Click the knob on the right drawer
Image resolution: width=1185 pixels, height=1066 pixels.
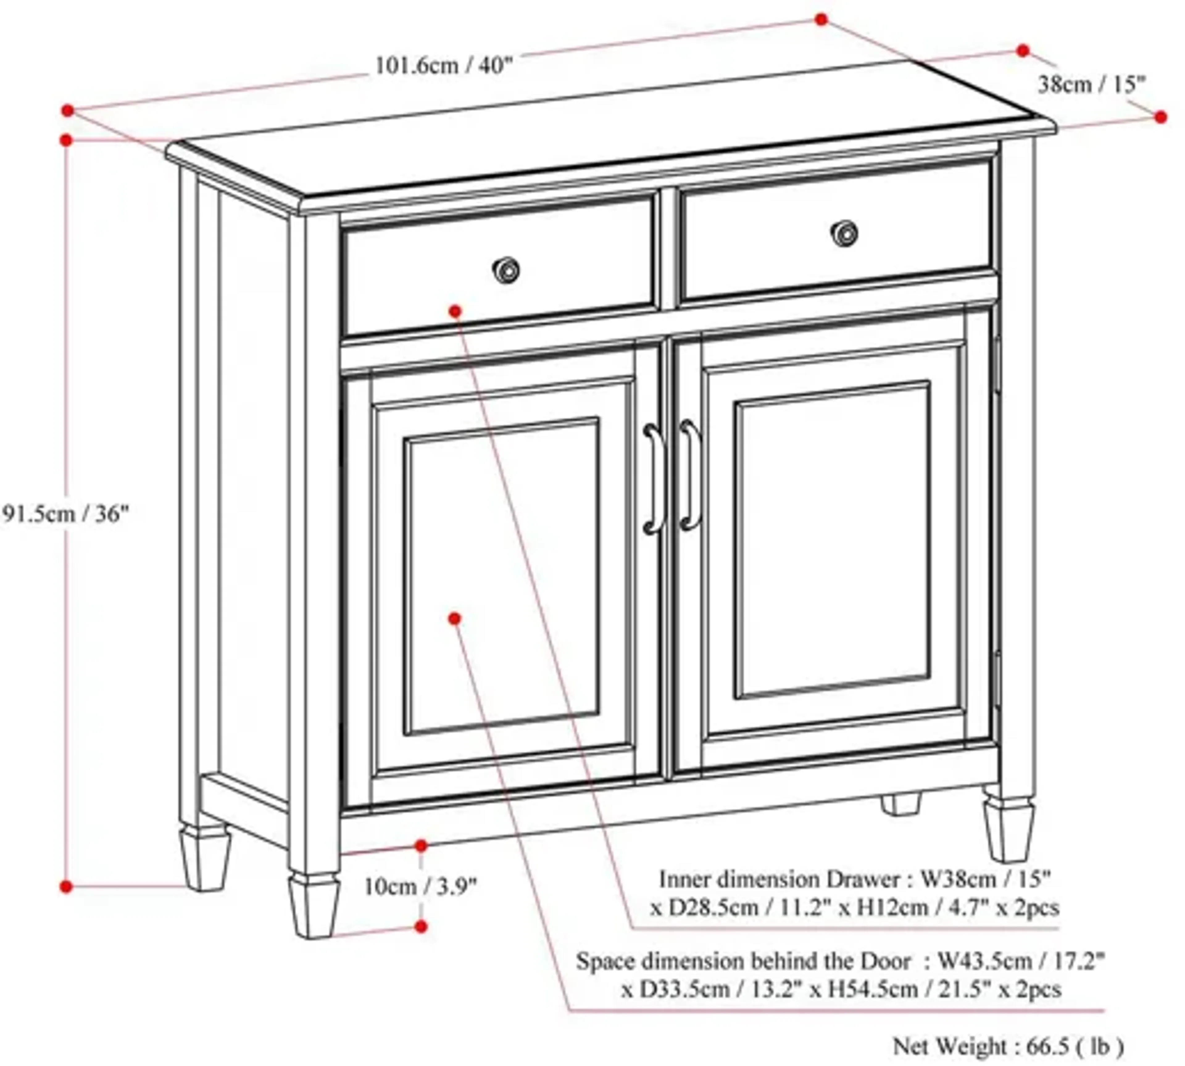pyautogui.click(x=844, y=233)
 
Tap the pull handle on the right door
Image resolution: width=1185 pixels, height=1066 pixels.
pyautogui.click(x=690, y=475)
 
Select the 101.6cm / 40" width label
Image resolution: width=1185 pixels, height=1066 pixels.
pyautogui.click(x=443, y=65)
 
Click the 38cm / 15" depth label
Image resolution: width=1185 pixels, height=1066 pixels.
pyautogui.click(x=1091, y=85)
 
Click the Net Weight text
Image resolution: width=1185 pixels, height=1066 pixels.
pyautogui.click(x=1008, y=1046)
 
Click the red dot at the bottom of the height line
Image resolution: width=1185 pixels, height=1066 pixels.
pyautogui.click(x=66, y=887)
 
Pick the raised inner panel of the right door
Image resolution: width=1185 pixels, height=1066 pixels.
pyautogui.click(x=832, y=540)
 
